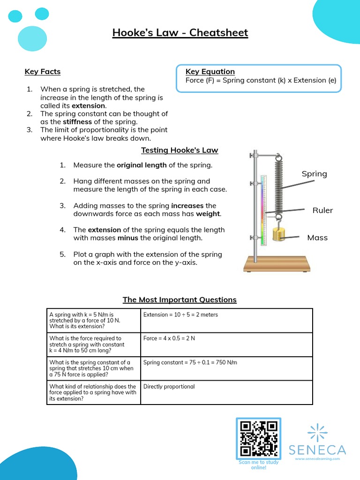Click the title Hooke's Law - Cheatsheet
pyautogui.click(x=180, y=33)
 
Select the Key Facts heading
pyautogui.click(x=43, y=72)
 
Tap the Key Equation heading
pyautogui.click(x=210, y=71)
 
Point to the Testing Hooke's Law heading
pyautogui.click(x=180, y=150)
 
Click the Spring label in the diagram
pyautogui.click(x=314, y=174)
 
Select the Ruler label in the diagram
pyautogui.click(x=322, y=210)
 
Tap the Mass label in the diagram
pyautogui.click(x=317, y=238)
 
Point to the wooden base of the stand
pyautogui.click(x=277, y=264)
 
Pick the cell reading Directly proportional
pyautogui.click(x=169, y=387)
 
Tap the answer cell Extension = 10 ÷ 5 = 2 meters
pyautogui.click(x=180, y=315)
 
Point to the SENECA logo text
pyautogui.click(x=317, y=450)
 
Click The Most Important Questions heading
pyautogui.click(x=180, y=300)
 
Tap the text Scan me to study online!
pyautogui.click(x=258, y=465)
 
